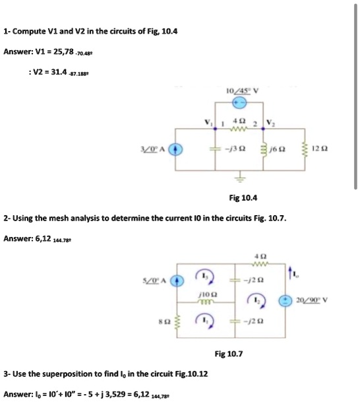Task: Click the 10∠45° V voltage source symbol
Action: pos(241,102)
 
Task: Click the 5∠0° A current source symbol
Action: pos(175,281)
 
